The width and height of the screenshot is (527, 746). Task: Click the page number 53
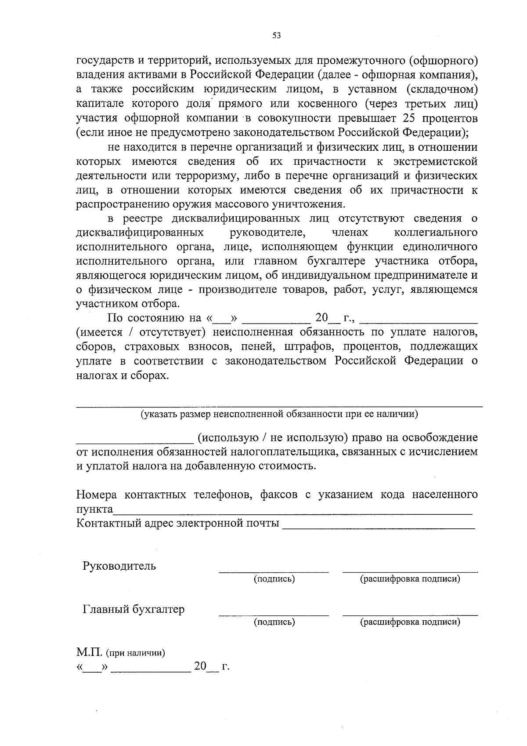276,36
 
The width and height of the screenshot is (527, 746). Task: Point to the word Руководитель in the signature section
119,566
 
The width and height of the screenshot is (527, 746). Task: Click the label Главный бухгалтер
134,609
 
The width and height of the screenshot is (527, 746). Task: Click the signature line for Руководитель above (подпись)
274,572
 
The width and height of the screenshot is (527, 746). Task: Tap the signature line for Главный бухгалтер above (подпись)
274,615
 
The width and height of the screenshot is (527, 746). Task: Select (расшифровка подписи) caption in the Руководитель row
410,579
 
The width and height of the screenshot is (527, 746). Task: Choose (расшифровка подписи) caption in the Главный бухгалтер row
410,622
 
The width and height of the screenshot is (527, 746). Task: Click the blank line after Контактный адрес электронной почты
379,527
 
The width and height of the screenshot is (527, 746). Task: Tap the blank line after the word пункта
292,513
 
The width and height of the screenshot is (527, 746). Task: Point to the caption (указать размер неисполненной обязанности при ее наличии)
279,414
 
